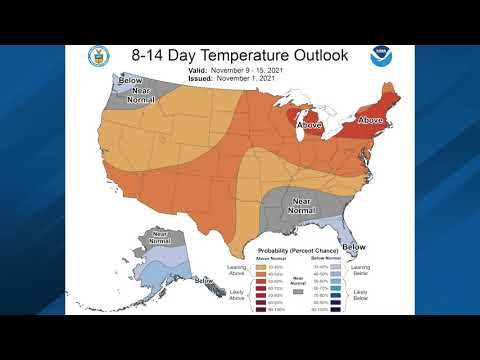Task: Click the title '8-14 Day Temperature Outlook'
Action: pyautogui.click(x=240, y=55)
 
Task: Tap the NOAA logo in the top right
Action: pyautogui.click(x=381, y=57)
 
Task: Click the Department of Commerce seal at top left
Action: pyautogui.click(x=98, y=57)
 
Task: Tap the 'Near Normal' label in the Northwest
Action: pyautogui.click(x=141, y=97)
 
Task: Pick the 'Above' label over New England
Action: pyautogui.click(x=370, y=120)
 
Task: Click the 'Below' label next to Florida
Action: pyautogui.click(x=354, y=246)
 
